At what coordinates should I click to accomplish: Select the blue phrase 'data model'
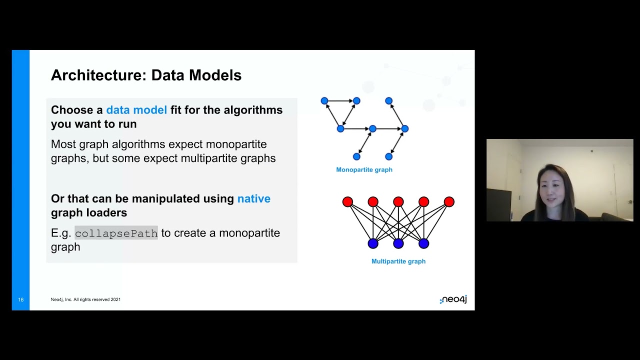click(x=136, y=110)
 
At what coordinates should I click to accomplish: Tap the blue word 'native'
click(x=253, y=198)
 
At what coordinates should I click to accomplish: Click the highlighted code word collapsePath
click(x=116, y=233)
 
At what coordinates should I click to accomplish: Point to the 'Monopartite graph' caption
click(x=364, y=169)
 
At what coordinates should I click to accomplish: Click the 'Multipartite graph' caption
click(x=398, y=261)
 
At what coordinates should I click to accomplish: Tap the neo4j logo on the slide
click(x=453, y=299)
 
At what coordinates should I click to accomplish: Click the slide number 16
click(x=21, y=299)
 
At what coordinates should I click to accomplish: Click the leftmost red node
click(x=347, y=201)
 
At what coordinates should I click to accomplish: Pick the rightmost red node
click(x=449, y=201)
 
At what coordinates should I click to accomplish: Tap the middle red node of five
click(x=398, y=201)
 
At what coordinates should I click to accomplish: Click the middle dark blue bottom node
click(x=398, y=243)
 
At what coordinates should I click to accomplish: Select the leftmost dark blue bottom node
click(x=373, y=243)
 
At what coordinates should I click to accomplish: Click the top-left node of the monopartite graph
click(x=324, y=100)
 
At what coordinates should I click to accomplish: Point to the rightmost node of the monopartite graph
click(x=405, y=128)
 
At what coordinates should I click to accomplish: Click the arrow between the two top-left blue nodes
click(x=340, y=100)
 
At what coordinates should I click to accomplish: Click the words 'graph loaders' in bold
click(x=89, y=213)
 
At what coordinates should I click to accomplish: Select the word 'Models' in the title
click(x=215, y=75)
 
